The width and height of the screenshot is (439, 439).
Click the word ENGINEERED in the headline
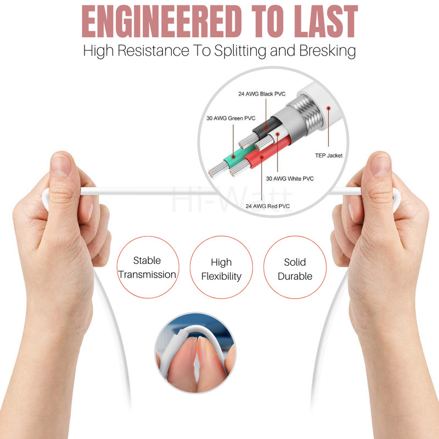point(161,21)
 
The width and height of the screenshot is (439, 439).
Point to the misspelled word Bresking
point(327,51)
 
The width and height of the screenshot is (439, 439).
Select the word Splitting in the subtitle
point(240,51)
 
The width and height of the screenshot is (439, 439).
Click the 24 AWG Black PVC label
point(262,94)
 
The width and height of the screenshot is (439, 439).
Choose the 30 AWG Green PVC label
point(230,118)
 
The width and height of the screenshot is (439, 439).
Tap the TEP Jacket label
point(329,155)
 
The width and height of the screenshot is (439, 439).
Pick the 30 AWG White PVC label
point(290,178)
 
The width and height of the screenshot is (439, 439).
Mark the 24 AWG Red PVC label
point(267,206)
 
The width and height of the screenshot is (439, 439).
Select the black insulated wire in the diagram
point(267,127)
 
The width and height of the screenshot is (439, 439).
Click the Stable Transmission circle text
point(147,267)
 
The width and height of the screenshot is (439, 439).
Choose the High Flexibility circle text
point(221,269)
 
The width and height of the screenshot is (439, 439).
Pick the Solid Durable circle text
point(295,269)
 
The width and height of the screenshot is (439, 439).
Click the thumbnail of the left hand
point(60,166)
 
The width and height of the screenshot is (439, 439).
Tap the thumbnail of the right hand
point(381,166)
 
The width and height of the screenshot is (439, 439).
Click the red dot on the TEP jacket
point(328,108)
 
